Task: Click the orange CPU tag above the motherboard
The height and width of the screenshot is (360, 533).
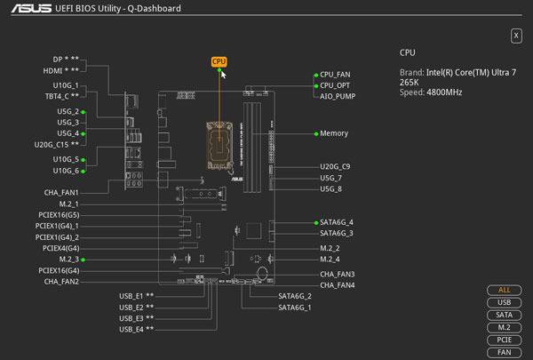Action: [219, 61]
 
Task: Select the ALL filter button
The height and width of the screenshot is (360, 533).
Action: [504, 290]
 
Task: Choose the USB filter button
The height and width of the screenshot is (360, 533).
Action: [504, 302]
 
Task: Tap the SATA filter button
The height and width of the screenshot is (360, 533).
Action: [504, 315]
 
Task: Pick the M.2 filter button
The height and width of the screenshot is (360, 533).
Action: [504, 327]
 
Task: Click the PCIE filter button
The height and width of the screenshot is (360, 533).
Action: [504, 340]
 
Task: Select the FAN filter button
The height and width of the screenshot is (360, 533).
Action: [504, 352]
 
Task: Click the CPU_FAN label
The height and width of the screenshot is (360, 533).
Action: [336, 75]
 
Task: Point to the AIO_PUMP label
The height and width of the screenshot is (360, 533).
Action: [338, 96]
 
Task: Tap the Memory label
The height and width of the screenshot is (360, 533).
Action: [334, 133]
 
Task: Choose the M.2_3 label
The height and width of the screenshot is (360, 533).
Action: [66, 259]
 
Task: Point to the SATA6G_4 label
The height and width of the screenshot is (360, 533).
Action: [337, 222]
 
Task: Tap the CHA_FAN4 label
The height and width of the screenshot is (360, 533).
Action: [338, 285]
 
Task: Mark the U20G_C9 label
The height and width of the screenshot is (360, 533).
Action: [335, 166]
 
